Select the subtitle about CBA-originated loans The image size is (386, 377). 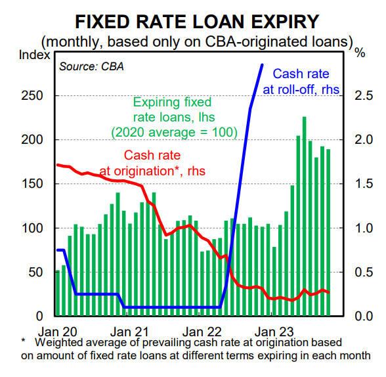pyautogui.click(x=196, y=41)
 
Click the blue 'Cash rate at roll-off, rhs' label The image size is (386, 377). pyautogui.click(x=301, y=81)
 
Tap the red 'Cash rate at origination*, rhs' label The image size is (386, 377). pyautogui.click(x=152, y=163)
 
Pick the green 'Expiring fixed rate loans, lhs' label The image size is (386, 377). pyautogui.click(x=172, y=118)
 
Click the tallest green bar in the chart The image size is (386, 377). pyautogui.click(x=304, y=217)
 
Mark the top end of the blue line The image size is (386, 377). pyautogui.click(x=263, y=64)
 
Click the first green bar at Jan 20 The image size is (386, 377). pyautogui.click(x=58, y=293)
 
